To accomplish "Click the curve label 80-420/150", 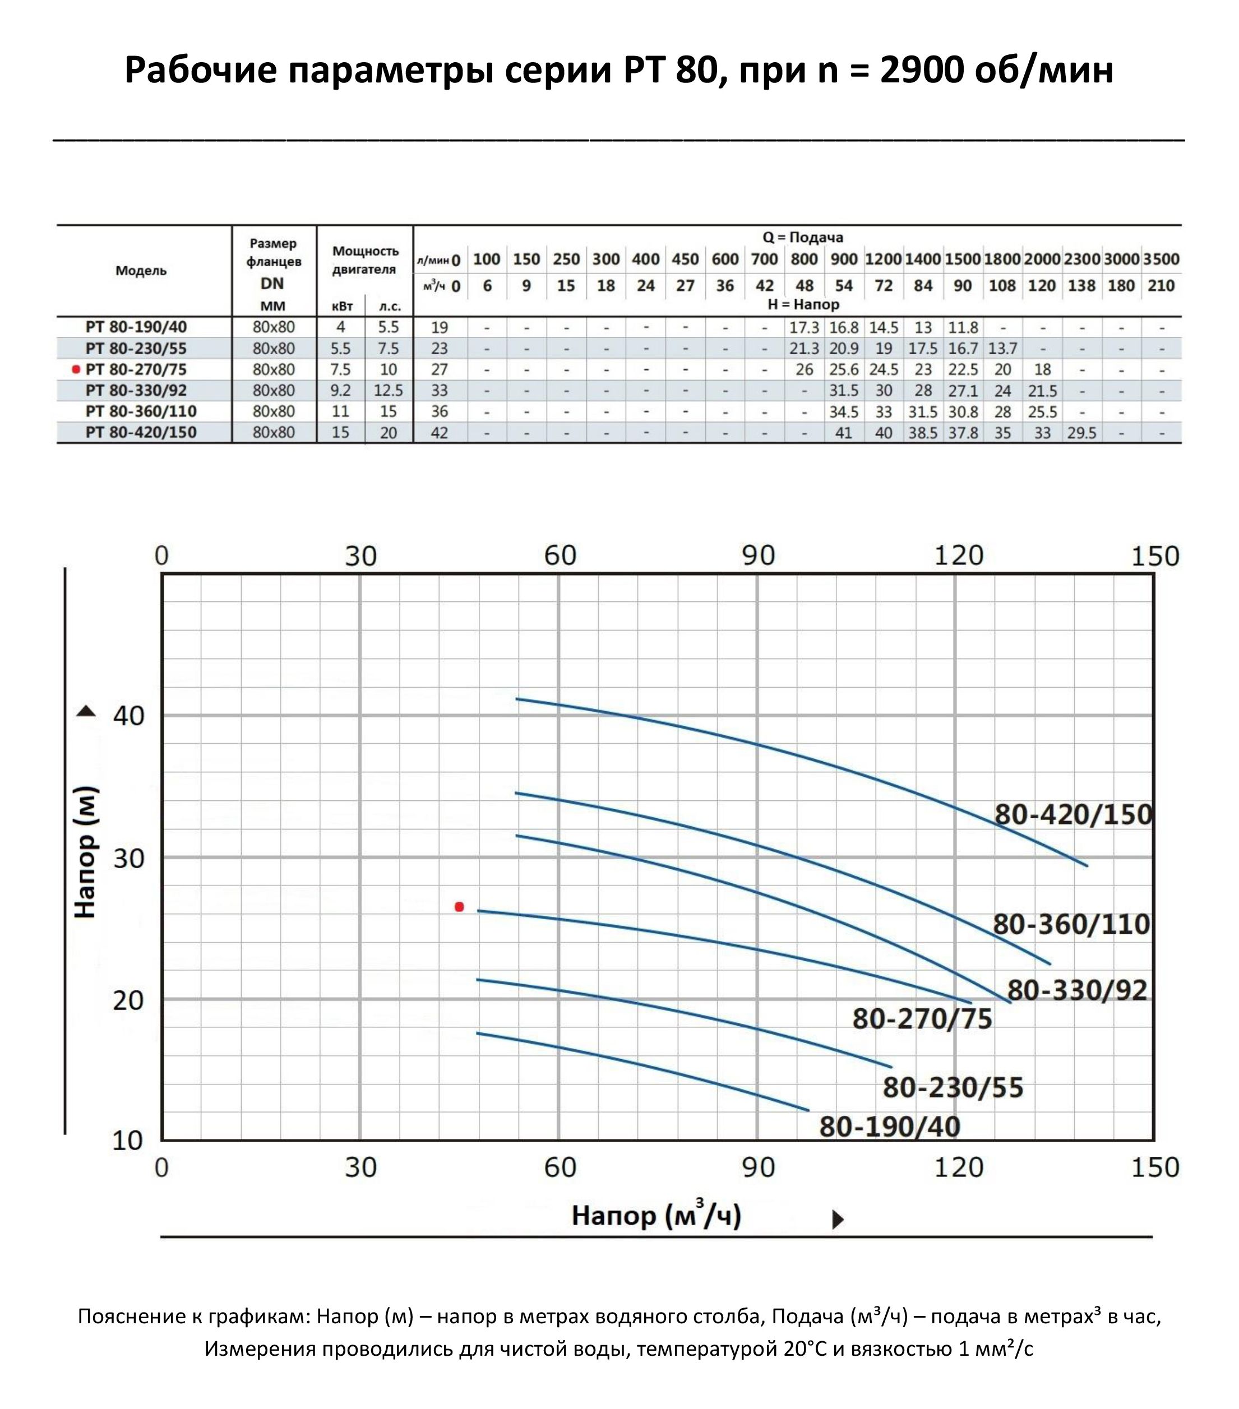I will click(1073, 815).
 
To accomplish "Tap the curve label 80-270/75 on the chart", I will click(922, 1019).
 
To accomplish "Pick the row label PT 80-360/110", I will click(141, 411).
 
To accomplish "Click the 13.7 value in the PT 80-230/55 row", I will click(1002, 349).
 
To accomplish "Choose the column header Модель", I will click(141, 271).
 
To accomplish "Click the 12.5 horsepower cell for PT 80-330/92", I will click(388, 391).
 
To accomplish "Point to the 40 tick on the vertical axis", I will click(128, 716).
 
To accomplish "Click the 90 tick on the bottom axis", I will click(758, 1167).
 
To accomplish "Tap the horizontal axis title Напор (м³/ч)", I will click(656, 1215).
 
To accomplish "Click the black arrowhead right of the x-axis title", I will click(838, 1220).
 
